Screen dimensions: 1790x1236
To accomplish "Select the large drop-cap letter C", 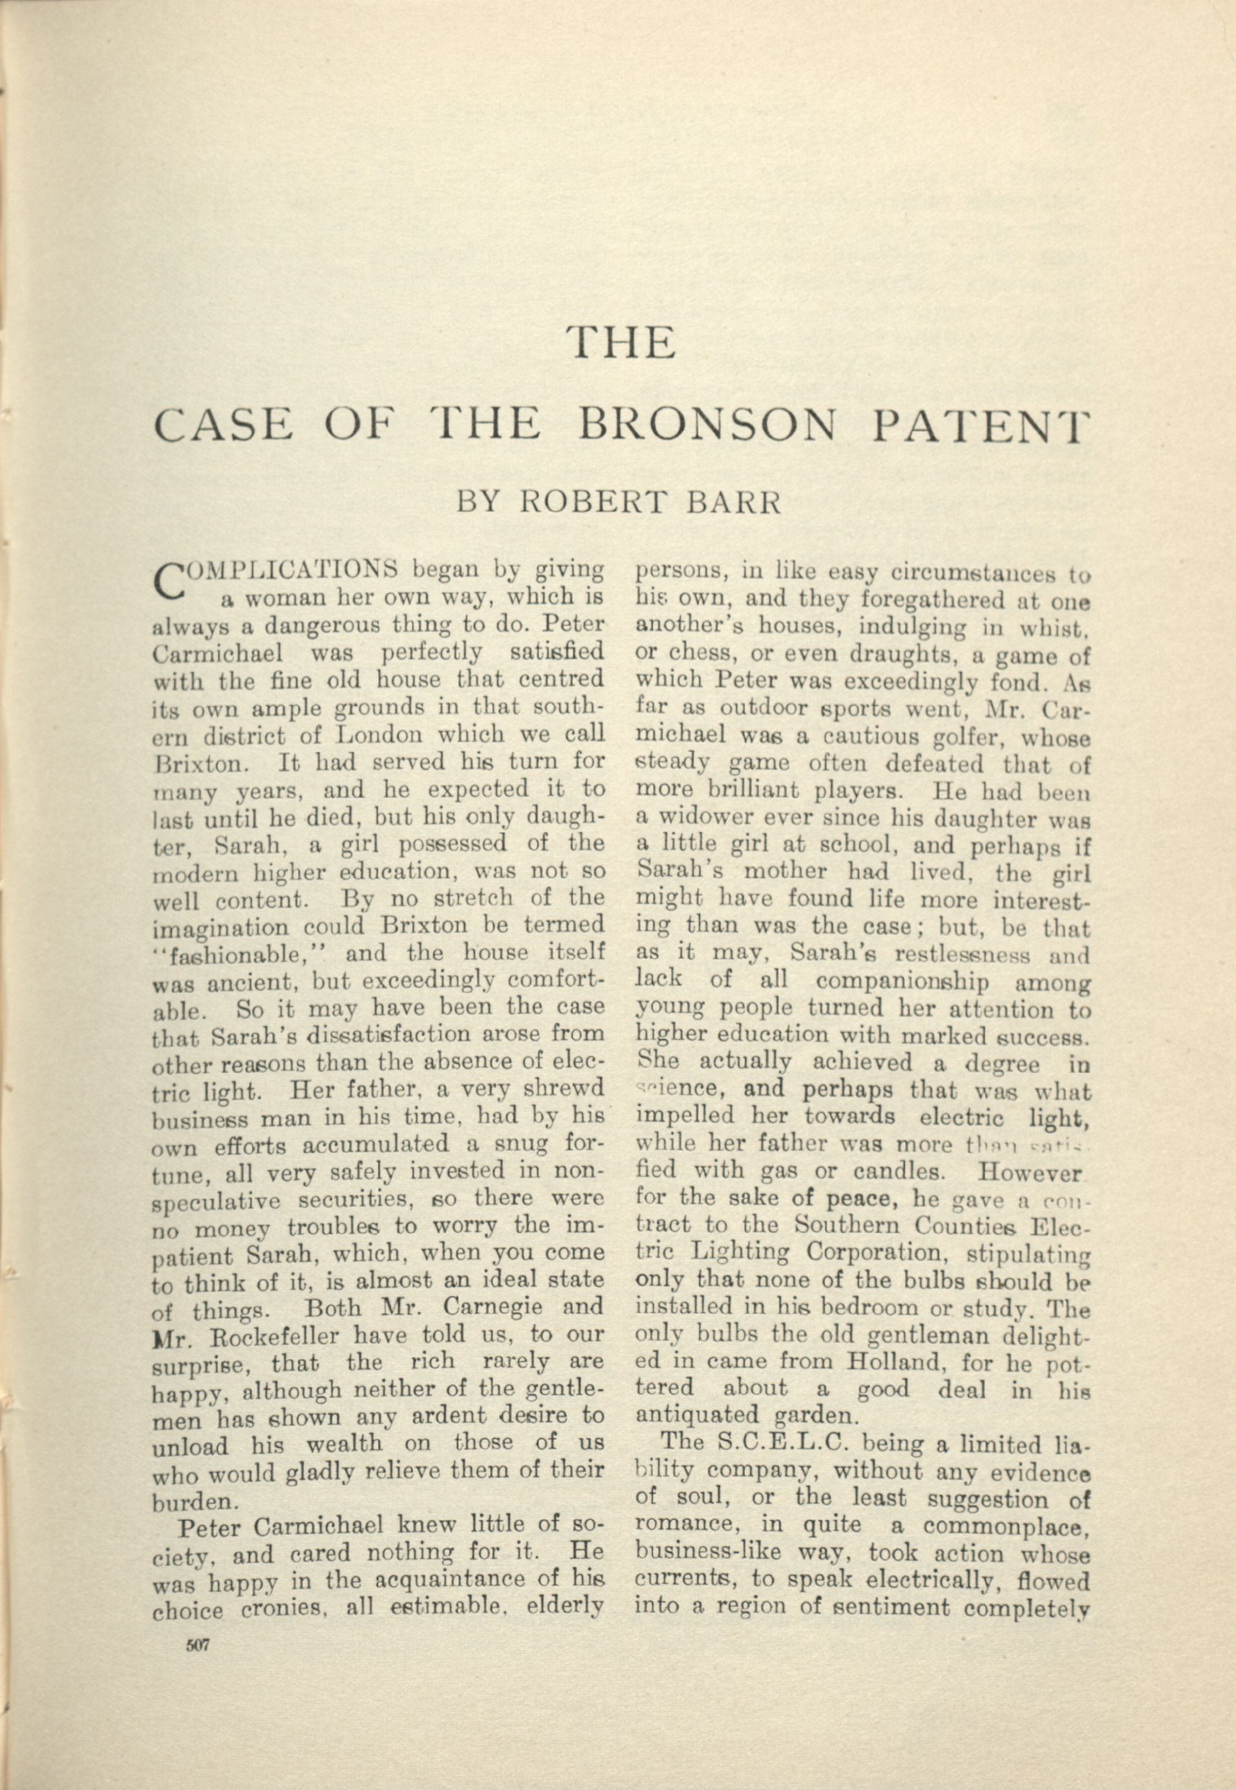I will coord(172,583).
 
